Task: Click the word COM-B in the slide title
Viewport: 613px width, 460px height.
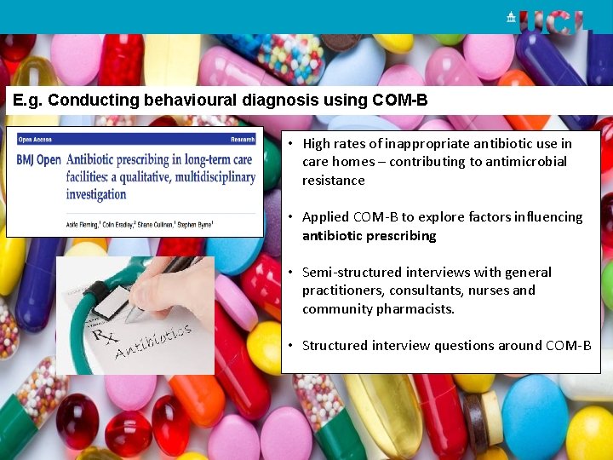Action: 400,101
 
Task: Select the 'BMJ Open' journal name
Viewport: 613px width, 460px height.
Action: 38,159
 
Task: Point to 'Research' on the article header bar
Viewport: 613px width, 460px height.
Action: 242,139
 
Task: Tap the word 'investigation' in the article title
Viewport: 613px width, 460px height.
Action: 96,194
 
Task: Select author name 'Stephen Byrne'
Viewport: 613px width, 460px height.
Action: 195,224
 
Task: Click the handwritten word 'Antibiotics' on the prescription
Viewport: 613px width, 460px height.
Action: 153,340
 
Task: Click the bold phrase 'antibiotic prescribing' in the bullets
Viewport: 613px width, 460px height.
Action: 369,236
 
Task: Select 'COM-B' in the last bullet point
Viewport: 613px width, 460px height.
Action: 568,346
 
